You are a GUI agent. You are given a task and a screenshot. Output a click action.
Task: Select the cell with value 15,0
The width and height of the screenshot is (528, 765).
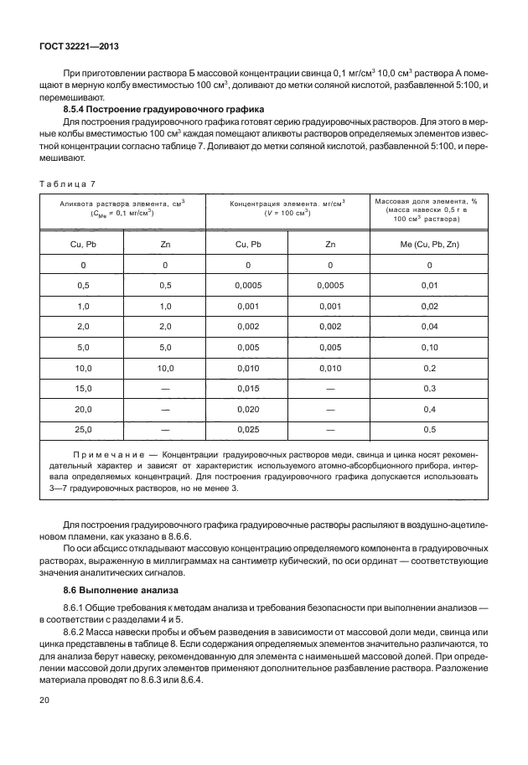[83, 388]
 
